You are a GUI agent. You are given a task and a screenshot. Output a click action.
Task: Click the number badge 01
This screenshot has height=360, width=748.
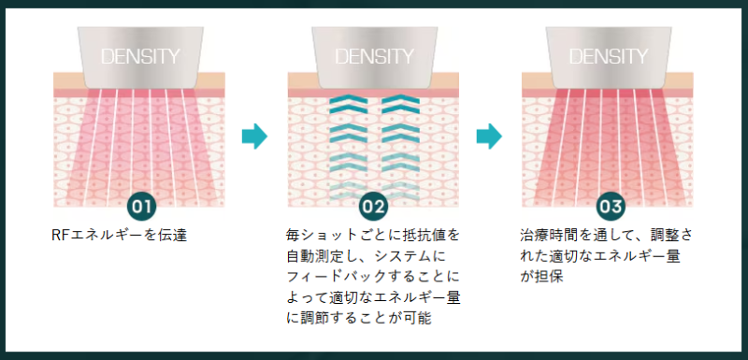coord(140,205)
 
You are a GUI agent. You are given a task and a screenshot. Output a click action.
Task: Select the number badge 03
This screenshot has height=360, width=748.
coord(609,205)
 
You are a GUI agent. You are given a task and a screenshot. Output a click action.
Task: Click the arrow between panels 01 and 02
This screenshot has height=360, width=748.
coord(253,137)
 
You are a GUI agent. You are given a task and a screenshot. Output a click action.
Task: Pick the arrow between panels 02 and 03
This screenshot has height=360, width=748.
coord(488,137)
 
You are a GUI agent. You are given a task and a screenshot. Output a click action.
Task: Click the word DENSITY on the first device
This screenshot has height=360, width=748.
coord(140,55)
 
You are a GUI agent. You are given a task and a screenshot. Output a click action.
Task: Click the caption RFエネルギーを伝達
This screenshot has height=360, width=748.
coord(120,235)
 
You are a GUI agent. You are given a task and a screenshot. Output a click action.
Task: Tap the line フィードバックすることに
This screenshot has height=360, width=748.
coord(373,278)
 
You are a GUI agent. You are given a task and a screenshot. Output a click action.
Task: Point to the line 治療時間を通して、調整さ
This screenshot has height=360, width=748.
coord(607,235)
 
